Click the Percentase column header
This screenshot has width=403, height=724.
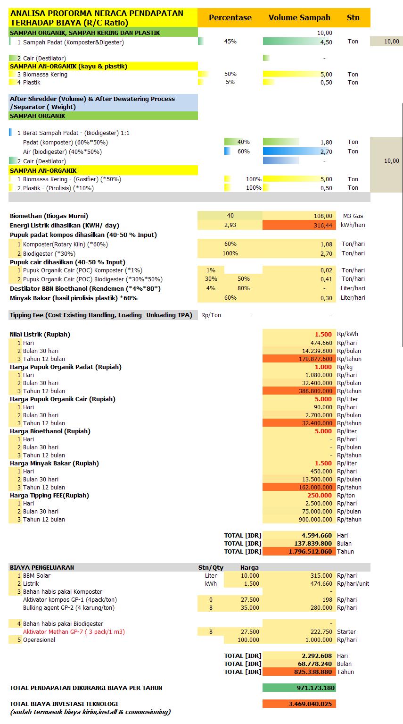[x=230, y=17]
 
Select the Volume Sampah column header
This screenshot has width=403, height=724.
[x=299, y=17]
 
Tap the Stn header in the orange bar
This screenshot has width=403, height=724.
[x=353, y=17]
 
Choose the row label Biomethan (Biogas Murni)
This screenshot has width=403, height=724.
[x=49, y=216]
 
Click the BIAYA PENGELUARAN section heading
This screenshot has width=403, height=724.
[x=42, y=567]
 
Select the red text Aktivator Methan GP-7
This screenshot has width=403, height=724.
[x=74, y=631]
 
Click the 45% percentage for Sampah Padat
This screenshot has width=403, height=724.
[x=230, y=42]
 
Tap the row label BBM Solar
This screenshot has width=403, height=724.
[x=37, y=575]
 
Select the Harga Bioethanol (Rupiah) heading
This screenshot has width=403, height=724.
[x=50, y=431]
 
